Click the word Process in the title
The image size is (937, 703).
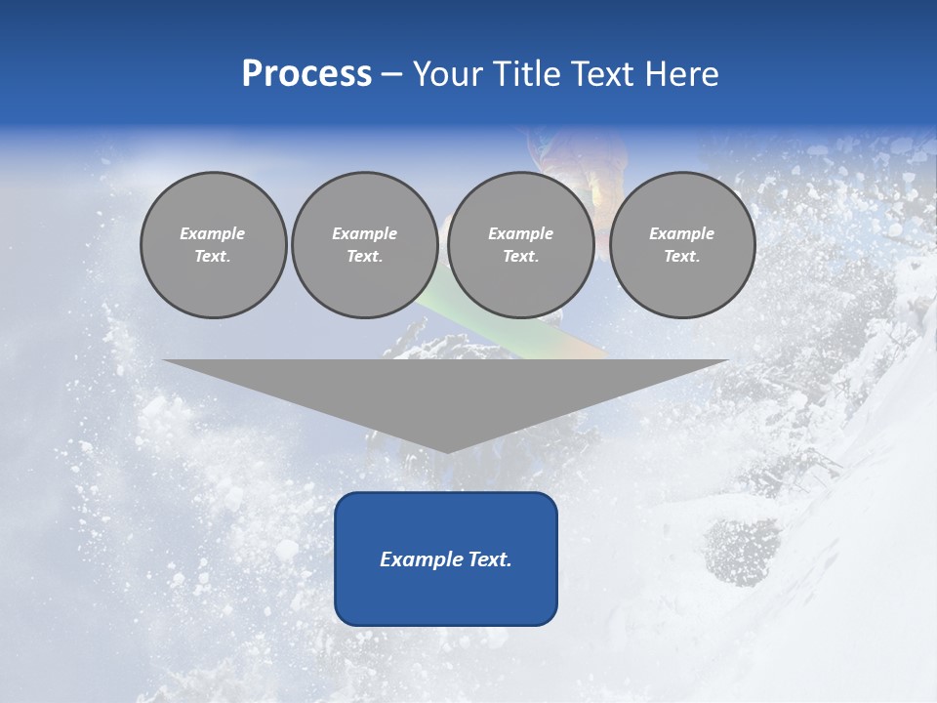(306, 74)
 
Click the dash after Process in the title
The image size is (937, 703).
(392, 75)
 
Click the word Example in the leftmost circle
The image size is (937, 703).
(213, 233)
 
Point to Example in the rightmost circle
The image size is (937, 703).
(682, 233)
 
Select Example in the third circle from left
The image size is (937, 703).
(521, 233)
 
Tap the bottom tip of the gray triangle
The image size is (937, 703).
(447, 450)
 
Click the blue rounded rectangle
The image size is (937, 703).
(446, 596)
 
